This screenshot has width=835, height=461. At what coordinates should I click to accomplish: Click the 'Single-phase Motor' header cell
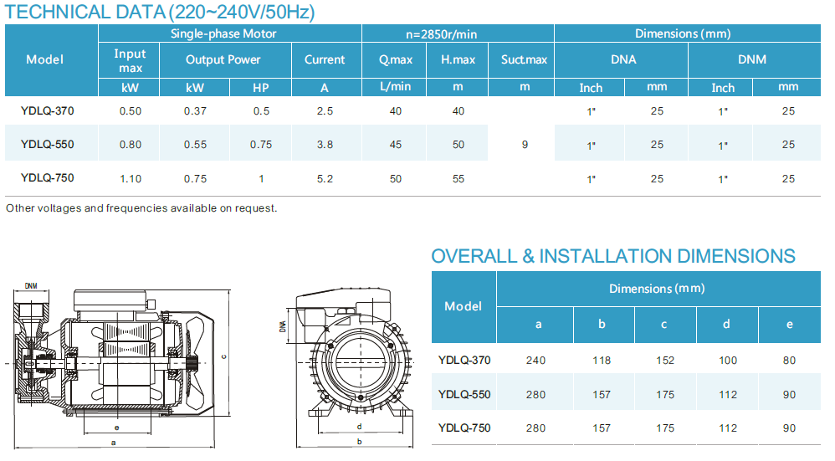click(x=223, y=33)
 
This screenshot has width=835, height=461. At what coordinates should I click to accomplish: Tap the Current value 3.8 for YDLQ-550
click(x=325, y=144)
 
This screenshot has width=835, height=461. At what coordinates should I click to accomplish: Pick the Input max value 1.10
click(x=130, y=178)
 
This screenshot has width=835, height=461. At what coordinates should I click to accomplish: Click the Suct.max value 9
click(x=525, y=144)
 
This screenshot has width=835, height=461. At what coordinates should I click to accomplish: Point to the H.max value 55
click(x=458, y=178)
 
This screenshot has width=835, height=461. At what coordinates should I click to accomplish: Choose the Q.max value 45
click(x=396, y=144)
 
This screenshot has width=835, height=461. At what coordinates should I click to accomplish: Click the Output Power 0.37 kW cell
click(x=196, y=111)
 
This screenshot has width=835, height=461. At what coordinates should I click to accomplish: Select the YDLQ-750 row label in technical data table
click(x=48, y=178)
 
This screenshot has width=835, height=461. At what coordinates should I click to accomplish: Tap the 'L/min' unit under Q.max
click(x=396, y=87)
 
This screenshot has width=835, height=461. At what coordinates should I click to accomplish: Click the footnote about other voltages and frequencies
click(x=141, y=207)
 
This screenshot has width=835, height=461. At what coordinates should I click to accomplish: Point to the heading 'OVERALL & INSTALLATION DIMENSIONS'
click(x=613, y=256)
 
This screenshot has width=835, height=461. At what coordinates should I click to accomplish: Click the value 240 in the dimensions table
click(x=535, y=361)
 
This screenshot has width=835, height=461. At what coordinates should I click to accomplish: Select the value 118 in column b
click(x=602, y=361)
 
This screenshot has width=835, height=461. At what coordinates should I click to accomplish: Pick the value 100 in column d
click(x=728, y=361)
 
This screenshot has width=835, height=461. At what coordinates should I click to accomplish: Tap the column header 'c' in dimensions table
click(x=664, y=324)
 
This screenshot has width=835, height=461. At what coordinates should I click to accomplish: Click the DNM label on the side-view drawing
click(x=31, y=285)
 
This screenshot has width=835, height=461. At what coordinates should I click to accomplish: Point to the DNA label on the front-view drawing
click(x=283, y=328)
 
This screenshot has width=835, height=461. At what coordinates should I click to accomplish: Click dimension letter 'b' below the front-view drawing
click(x=359, y=441)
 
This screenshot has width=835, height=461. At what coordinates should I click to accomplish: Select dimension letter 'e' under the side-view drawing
click(x=116, y=426)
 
